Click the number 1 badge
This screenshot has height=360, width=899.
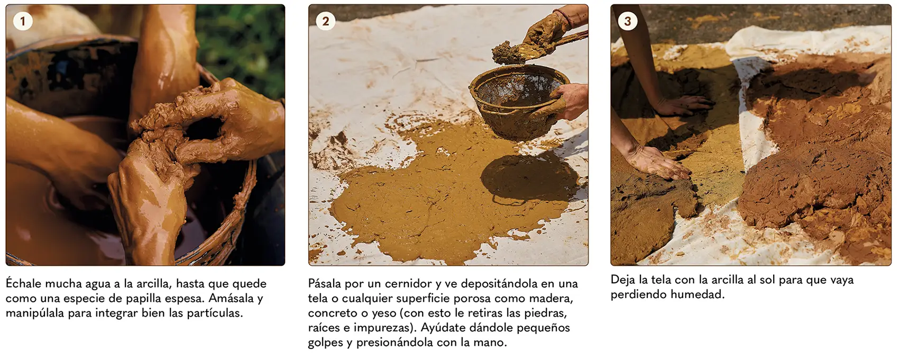click(23, 21)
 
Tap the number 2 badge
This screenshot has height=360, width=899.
click(325, 21)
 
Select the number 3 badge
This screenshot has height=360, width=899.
click(628, 21)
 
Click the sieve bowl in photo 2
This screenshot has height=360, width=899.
click(518, 100)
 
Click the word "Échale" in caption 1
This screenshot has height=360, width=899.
click(23, 283)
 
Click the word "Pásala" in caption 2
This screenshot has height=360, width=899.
click(324, 283)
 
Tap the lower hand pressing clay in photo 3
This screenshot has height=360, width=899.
click(658, 162)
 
